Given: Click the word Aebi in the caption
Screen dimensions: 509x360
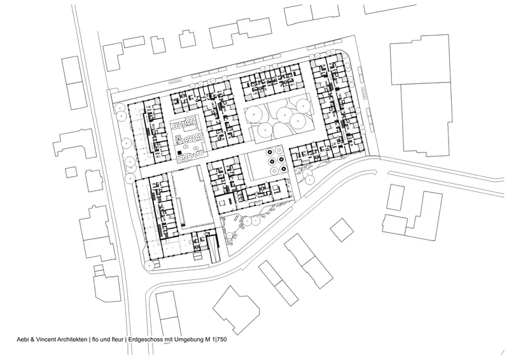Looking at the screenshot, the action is pyautogui.click(x=22, y=340).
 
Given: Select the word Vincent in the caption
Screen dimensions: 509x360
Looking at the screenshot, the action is pyautogui.click(x=43, y=340).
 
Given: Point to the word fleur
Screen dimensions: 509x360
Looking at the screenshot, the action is pyautogui.click(x=117, y=340).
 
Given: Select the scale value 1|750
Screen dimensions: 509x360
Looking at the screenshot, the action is pyautogui.click(x=220, y=340).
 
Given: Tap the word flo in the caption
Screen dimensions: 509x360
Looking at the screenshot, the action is pyautogui.click(x=95, y=340).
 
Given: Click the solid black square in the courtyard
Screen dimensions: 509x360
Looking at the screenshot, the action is pyautogui.click(x=180, y=152).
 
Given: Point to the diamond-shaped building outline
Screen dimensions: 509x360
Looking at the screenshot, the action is pyautogui.click(x=342, y=230).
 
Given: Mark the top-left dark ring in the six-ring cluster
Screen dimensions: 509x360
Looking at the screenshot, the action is pyautogui.click(x=269, y=151).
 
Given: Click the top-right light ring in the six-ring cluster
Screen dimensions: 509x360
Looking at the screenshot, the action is pyautogui.click(x=279, y=149).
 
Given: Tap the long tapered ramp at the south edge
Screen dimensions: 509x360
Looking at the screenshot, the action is pyautogui.click(x=214, y=249).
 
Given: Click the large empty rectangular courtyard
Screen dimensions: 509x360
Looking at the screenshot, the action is pyautogui.click(x=192, y=197).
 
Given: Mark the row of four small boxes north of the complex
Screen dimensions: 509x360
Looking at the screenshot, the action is pyautogui.click(x=174, y=81).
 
